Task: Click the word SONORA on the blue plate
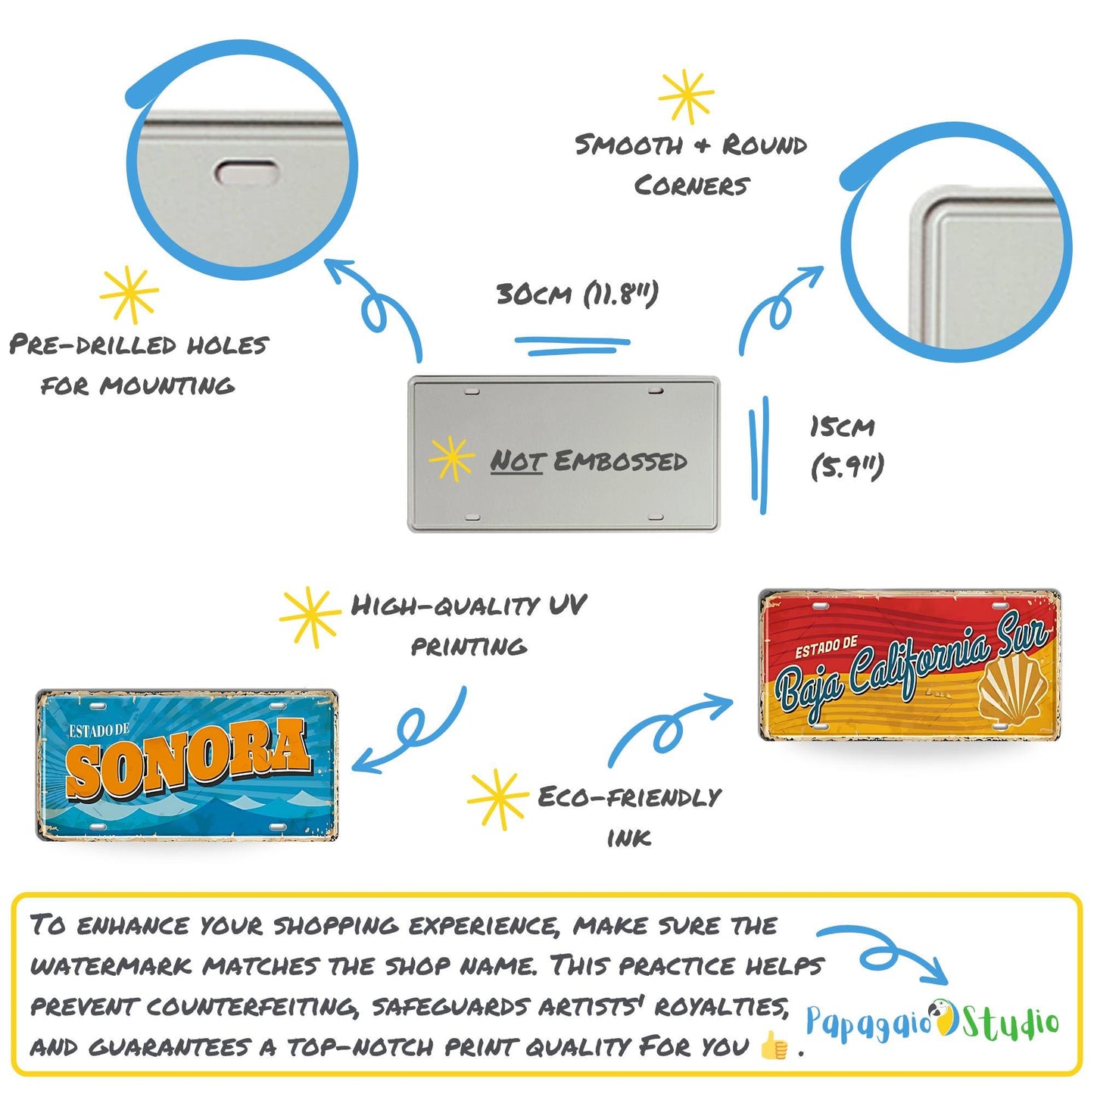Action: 188,760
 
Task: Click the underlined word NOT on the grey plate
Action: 517,460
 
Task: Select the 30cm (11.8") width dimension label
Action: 577,294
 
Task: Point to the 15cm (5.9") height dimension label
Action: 846,447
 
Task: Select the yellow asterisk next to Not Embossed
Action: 451,458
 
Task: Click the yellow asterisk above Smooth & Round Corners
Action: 686,96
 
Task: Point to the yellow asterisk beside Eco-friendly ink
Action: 497,799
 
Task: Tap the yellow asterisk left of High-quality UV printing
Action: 310,616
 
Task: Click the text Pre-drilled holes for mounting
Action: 139,365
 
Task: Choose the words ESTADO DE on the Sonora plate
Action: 98,731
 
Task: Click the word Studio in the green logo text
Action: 1010,1022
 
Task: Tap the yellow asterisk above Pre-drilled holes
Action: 129,294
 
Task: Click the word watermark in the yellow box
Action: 111,966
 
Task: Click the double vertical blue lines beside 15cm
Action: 759,454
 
